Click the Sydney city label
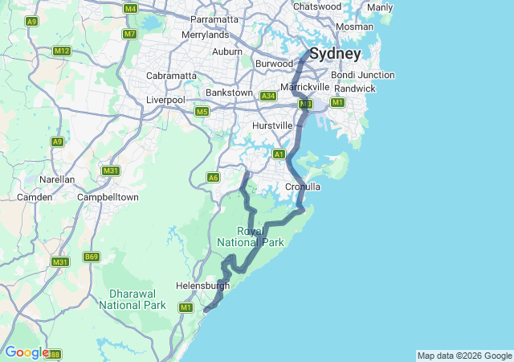point(335,54)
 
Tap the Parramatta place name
point(215,19)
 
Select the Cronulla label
point(303,187)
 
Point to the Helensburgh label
point(202,286)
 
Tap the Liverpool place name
point(165,100)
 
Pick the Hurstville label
point(272,126)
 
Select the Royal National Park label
point(239,237)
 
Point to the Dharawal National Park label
point(133,299)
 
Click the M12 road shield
point(62,51)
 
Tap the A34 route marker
point(268,96)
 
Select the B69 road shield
point(92,257)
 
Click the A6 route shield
point(213,178)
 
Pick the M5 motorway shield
point(202,111)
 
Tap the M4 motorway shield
point(131,8)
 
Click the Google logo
point(26,352)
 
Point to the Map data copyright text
point(463,356)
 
